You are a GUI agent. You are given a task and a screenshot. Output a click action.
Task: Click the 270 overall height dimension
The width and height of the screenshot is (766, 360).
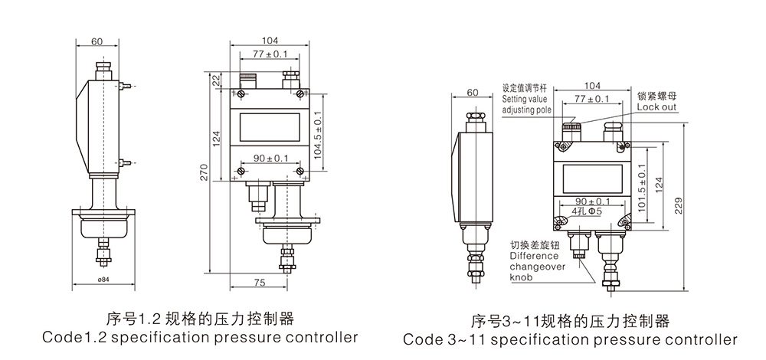click(x=205, y=173)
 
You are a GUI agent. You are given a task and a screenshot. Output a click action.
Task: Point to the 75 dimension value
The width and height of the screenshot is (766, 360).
click(x=259, y=283)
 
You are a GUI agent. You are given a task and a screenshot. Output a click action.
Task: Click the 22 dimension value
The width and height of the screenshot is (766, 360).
click(x=216, y=80)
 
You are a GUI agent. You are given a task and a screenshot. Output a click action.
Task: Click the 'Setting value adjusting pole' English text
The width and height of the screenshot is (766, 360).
click(x=526, y=105)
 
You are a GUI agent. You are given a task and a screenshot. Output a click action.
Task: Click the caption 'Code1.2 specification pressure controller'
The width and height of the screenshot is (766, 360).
click(x=200, y=338)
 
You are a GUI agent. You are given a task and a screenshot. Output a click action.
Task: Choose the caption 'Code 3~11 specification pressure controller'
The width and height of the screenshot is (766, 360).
click(x=570, y=339)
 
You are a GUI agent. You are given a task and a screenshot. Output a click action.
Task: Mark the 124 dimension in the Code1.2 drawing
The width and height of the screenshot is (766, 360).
click(x=216, y=138)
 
